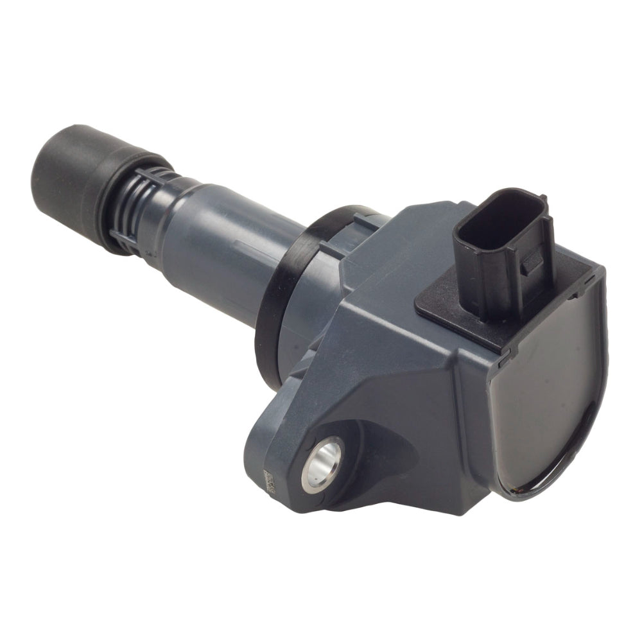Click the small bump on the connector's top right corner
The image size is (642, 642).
point(543,199)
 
